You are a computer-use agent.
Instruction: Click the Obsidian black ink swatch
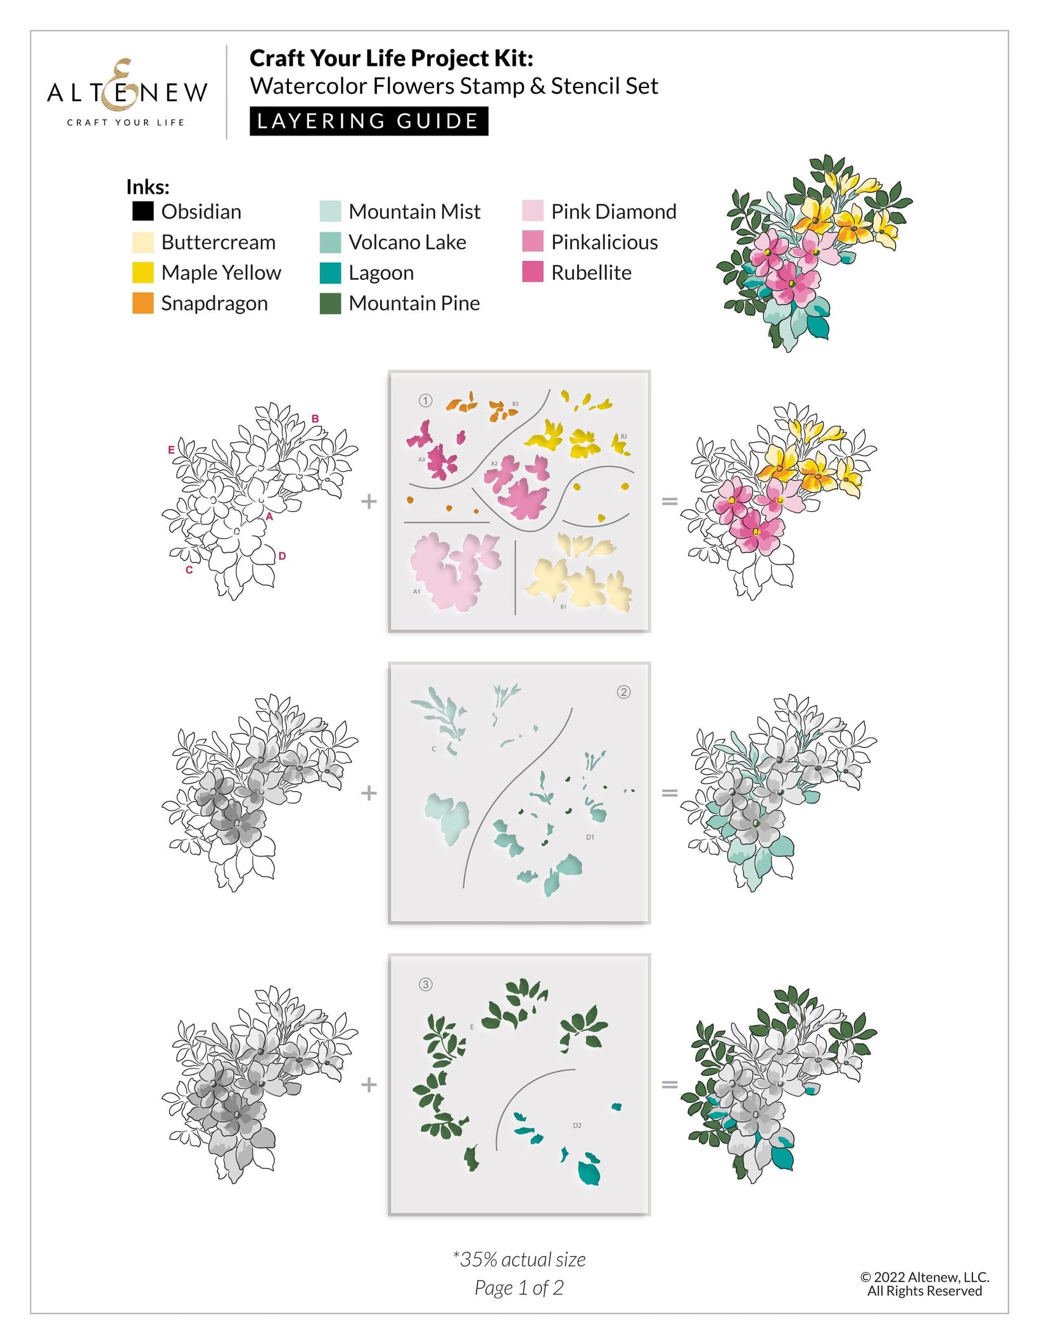[x=143, y=211]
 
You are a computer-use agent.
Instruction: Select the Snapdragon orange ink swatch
[x=143, y=303]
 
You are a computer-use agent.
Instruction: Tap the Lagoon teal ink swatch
[x=330, y=272]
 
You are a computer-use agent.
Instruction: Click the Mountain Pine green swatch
[x=330, y=303]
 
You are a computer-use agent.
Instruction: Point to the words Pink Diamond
[x=613, y=211]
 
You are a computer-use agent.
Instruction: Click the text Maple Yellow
[x=220, y=272]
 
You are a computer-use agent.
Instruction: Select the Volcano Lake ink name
[x=407, y=242]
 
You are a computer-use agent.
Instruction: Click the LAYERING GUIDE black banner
[x=368, y=120]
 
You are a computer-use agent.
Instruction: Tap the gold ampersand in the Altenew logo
[x=122, y=85]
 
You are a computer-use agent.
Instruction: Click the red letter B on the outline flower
[x=315, y=419]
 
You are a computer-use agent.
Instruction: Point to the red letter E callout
[x=171, y=450]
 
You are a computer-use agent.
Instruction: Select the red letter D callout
[x=282, y=555]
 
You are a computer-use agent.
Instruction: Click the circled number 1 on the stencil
[x=426, y=400]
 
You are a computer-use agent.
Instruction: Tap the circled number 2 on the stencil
[x=623, y=692]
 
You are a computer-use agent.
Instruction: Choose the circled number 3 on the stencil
[x=426, y=984]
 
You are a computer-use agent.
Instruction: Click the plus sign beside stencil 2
[x=369, y=792]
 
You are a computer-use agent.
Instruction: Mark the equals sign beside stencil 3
[x=670, y=1084]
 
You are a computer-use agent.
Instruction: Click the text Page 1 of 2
[x=519, y=1288]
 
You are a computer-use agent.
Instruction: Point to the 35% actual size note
[x=519, y=1259]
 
